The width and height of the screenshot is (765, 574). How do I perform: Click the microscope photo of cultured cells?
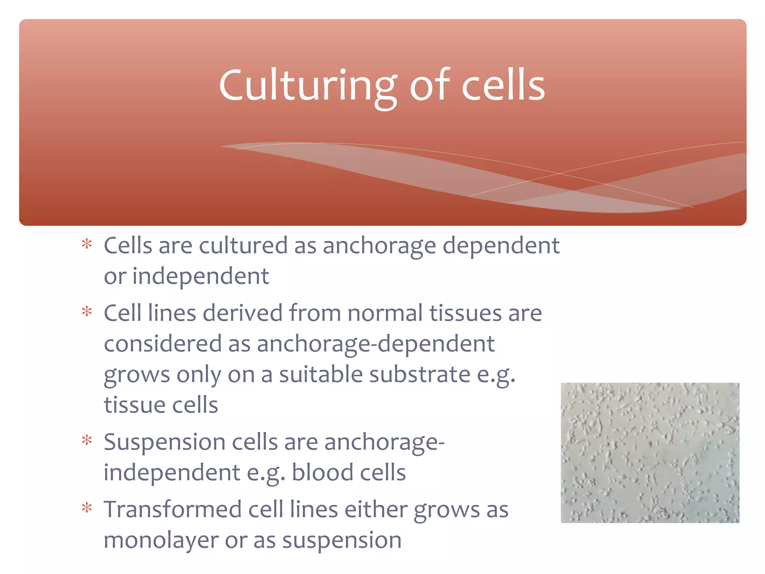tap(650, 452)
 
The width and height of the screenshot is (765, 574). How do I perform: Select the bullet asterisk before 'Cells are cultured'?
tap(87, 244)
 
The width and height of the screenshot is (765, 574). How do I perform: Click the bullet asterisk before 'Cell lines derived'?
tap(87, 312)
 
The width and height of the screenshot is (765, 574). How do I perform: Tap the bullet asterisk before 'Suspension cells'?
tap(87, 441)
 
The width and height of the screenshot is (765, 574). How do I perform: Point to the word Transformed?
tap(173, 510)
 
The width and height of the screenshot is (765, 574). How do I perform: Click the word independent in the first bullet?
tap(201, 277)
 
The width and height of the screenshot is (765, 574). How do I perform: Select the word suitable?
tap(321, 375)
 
